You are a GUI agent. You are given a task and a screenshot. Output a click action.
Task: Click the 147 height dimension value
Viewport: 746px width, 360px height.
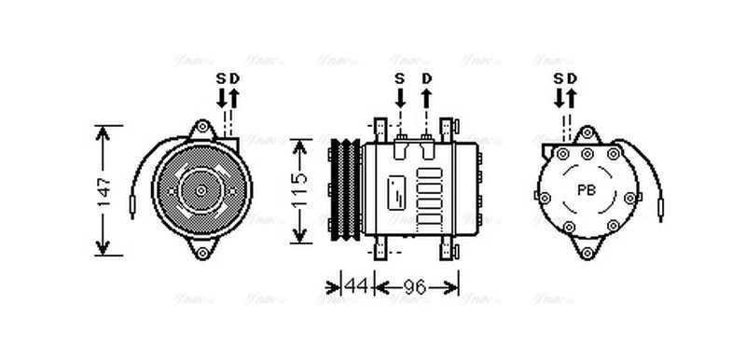click(104, 189)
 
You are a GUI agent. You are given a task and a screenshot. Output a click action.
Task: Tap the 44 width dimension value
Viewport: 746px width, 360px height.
click(355, 287)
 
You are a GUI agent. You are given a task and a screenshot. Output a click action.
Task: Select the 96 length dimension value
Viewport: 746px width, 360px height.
click(414, 287)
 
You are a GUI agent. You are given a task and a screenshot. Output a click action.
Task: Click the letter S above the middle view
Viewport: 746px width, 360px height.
click(399, 77)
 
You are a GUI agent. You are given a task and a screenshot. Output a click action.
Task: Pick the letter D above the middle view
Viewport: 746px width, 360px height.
click(427, 77)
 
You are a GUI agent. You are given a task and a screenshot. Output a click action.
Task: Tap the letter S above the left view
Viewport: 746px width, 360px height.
click(222, 77)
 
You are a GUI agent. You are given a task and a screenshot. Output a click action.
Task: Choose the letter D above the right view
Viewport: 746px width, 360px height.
click(572, 77)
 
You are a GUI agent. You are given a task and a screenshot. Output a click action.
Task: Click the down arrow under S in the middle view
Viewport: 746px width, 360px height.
click(399, 96)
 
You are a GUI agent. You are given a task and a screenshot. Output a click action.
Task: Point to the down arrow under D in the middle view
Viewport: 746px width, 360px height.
click(427, 96)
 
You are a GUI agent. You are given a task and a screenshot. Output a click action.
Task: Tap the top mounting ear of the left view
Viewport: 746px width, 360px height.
click(201, 128)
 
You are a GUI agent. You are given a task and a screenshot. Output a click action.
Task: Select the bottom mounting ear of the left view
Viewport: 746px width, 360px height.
click(201, 252)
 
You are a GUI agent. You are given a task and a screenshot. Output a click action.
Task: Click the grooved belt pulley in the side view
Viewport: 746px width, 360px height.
click(346, 189)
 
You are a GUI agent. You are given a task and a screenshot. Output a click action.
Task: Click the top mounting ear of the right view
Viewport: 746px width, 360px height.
click(587, 130)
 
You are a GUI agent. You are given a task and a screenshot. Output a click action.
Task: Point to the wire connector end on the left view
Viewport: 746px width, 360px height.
click(135, 199)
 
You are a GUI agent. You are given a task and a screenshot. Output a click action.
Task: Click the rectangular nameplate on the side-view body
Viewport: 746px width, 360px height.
click(396, 190)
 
